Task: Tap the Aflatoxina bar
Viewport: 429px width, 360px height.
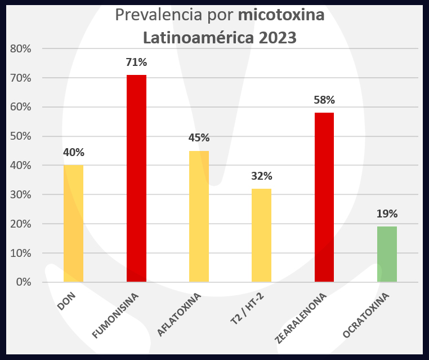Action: coord(199,216)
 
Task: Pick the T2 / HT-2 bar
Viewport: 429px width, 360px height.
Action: coord(261,235)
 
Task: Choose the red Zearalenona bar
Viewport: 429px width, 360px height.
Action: coord(324,197)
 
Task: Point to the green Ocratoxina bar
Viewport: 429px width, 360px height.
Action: coord(387,254)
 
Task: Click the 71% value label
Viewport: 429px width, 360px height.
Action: coord(136,63)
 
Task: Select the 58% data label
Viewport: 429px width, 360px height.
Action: coord(324,100)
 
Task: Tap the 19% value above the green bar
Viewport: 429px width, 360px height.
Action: coord(387,214)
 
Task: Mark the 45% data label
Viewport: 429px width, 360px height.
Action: coord(199,138)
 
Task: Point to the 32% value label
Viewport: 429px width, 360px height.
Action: coord(261,176)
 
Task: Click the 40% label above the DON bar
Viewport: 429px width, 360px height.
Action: coord(74,153)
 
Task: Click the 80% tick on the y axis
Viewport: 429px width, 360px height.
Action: coord(21,49)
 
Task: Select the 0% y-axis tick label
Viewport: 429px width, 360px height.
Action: coord(24,282)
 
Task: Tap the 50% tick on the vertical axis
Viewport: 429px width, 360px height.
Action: coord(21,136)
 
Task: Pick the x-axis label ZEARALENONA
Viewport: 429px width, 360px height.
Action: coord(301,319)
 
